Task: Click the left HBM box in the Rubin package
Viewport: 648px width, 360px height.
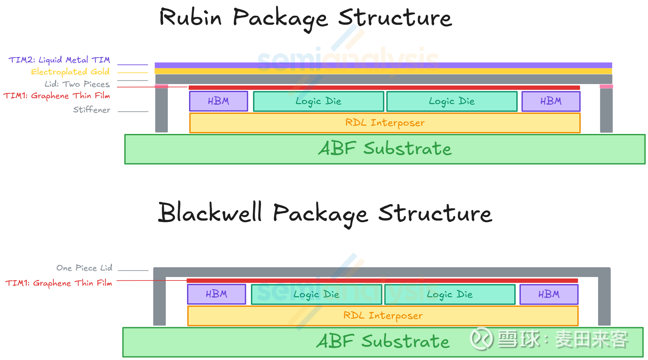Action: [218, 101]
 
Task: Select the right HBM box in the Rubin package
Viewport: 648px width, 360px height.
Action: [551, 101]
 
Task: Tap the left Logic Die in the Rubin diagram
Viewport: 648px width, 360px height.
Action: [319, 101]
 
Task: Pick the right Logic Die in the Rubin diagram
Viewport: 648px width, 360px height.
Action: [452, 101]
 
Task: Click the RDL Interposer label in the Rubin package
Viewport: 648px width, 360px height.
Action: [385, 123]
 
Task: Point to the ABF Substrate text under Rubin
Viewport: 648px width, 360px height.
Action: [385, 149]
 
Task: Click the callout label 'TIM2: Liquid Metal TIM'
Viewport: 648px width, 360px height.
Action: [59, 60]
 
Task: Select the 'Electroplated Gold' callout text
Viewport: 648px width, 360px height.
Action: [70, 71]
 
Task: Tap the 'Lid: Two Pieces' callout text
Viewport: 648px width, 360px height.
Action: [77, 84]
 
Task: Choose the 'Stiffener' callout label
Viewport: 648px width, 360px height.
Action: [92, 110]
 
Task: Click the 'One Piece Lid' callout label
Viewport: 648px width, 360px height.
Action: [84, 268]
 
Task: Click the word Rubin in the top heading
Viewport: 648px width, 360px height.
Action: [191, 17]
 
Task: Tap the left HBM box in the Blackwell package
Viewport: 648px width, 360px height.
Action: [216, 294]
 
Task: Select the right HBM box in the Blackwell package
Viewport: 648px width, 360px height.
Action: [549, 294]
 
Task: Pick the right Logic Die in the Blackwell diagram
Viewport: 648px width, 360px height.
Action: [450, 294]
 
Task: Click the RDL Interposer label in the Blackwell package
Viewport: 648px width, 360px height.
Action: [383, 316]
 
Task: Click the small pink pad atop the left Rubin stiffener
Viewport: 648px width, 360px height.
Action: [161, 86]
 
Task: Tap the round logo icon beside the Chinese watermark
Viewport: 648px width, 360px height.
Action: [481, 338]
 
